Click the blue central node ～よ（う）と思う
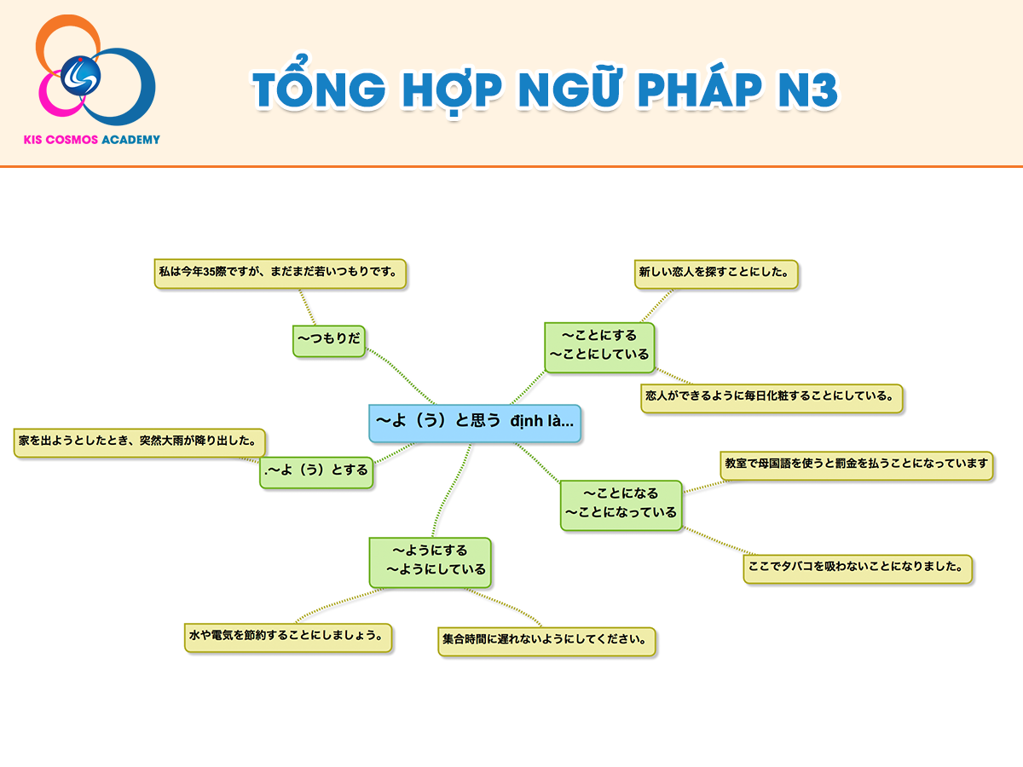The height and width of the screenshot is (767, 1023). click(475, 423)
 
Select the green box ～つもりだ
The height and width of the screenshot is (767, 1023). click(329, 342)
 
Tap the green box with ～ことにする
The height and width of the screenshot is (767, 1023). click(600, 348)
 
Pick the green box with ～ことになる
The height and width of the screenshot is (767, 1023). click(621, 505)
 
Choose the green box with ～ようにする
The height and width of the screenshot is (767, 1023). click(431, 562)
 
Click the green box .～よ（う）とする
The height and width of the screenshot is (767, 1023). click(316, 472)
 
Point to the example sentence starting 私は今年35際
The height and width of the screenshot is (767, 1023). click(280, 274)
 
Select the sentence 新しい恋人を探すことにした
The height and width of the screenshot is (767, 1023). click(716, 274)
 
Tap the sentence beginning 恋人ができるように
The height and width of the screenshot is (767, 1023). click(772, 398)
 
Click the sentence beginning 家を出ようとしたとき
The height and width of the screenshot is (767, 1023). click(139, 443)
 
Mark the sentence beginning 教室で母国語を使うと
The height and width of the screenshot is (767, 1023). click(857, 465)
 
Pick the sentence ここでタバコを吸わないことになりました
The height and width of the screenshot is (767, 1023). click(858, 568)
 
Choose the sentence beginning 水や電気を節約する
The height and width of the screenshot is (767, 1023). click(288, 637)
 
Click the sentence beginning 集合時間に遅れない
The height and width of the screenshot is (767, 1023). click(546, 641)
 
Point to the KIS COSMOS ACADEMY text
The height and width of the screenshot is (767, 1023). click(92, 140)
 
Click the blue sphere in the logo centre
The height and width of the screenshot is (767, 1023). click(80, 76)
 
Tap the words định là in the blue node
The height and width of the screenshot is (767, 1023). click(541, 422)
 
